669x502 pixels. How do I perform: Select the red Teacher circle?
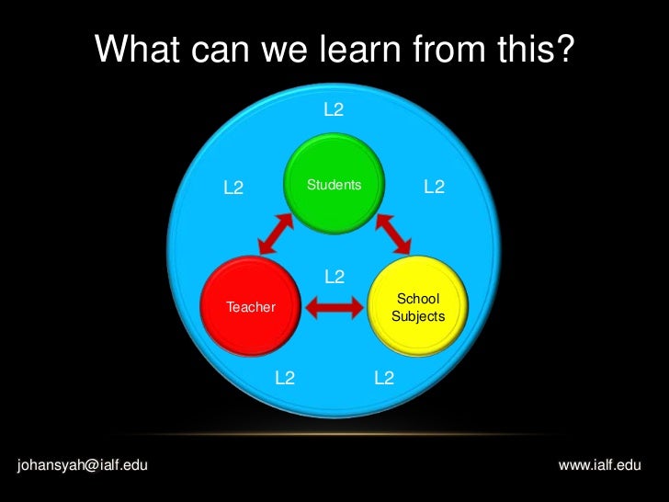point(250,306)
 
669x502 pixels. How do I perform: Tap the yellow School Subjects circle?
point(419,306)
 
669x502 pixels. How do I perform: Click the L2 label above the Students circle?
point(334,110)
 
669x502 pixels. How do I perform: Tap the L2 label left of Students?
point(233,188)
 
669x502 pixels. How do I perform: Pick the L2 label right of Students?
point(434,188)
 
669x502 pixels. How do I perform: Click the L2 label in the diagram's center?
point(334,277)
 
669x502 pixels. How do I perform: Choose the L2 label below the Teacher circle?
point(285,377)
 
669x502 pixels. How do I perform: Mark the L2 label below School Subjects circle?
point(384,377)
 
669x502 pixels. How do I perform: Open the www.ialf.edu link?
point(599,465)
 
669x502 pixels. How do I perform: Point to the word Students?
point(334,185)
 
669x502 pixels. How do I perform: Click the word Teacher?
point(250,307)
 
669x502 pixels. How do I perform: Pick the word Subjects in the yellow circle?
point(418,316)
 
